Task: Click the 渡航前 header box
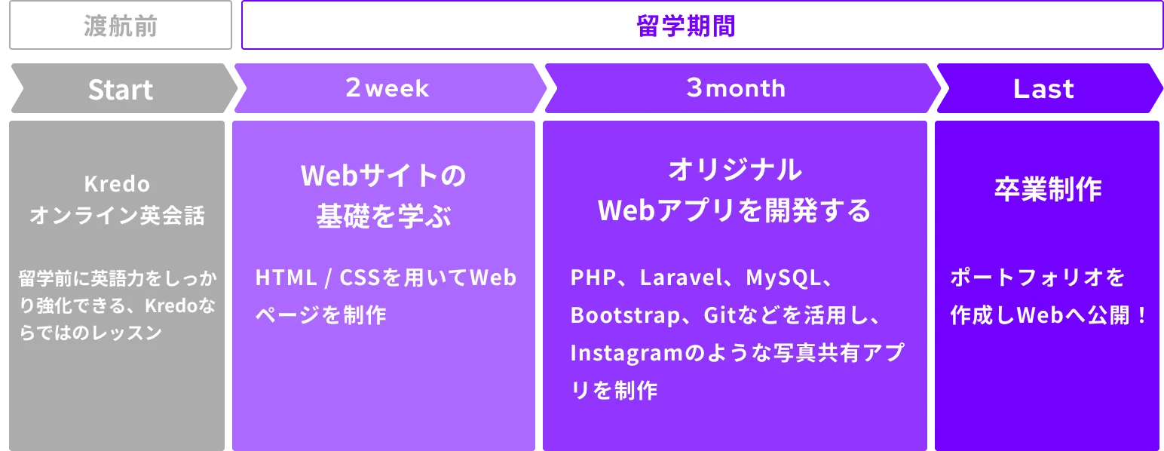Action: tap(121, 26)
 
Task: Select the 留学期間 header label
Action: tap(687, 26)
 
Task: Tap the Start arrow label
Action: tap(121, 89)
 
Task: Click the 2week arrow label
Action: tap(387, 87)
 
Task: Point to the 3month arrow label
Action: tap(736, 87)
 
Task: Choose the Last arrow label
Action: tap(1043, 89)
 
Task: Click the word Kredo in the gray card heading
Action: tap(117, 184)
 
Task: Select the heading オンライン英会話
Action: tap(117, 215)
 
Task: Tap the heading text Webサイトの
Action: tap(384, 176)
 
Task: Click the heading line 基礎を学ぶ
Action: tap(384, 216)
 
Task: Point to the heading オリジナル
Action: tap(735, 170)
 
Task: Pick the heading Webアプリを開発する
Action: tap(734, 210)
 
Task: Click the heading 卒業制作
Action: tap(1048, 189)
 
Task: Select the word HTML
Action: tap(286, 278)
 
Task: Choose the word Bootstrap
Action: tap(625, 315)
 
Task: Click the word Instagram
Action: tap(626, 353)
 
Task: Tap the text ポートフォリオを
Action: tap(1037, 278)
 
